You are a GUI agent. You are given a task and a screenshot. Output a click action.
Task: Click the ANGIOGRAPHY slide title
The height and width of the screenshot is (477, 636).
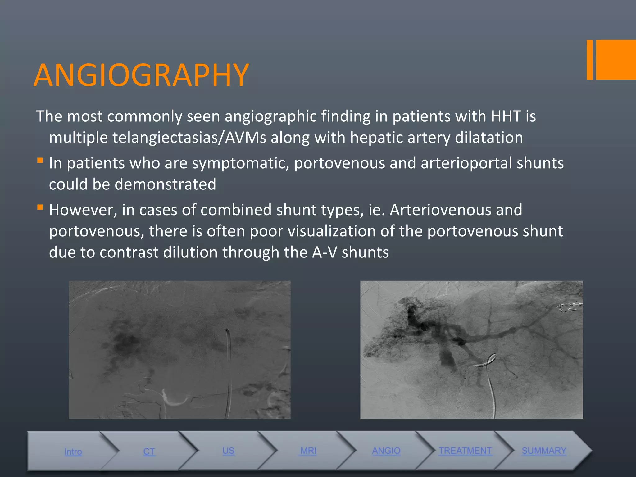[141, 75]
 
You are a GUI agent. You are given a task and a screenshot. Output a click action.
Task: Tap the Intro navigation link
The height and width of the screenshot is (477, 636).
[73, 452]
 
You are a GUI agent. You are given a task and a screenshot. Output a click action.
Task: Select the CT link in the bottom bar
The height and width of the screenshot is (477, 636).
[149, 452]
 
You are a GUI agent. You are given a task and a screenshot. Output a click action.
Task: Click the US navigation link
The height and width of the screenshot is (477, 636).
[228, 451]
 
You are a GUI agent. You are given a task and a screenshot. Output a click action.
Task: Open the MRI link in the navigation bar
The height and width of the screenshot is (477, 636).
[308, 451]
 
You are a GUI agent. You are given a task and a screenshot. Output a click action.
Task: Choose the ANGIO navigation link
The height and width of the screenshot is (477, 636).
[386, 451]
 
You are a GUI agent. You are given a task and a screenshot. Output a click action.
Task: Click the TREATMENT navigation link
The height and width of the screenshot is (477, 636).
[465, 451]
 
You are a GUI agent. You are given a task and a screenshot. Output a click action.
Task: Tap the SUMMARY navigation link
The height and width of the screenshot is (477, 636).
[544, 451]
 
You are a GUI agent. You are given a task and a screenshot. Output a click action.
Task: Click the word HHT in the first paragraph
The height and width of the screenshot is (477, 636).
[506, 116]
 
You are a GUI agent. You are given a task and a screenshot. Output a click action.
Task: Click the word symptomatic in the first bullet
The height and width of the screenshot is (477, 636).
[240, 163]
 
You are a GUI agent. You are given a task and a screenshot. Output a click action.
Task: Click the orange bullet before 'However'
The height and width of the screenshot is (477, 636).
[40, 207]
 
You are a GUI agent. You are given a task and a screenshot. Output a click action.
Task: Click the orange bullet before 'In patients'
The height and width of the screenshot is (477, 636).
[40, 161]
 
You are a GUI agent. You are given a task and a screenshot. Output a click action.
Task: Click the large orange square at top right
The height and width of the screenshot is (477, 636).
[616, 60]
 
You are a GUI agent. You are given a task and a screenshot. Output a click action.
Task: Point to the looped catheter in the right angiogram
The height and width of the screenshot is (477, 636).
[488, 362]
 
